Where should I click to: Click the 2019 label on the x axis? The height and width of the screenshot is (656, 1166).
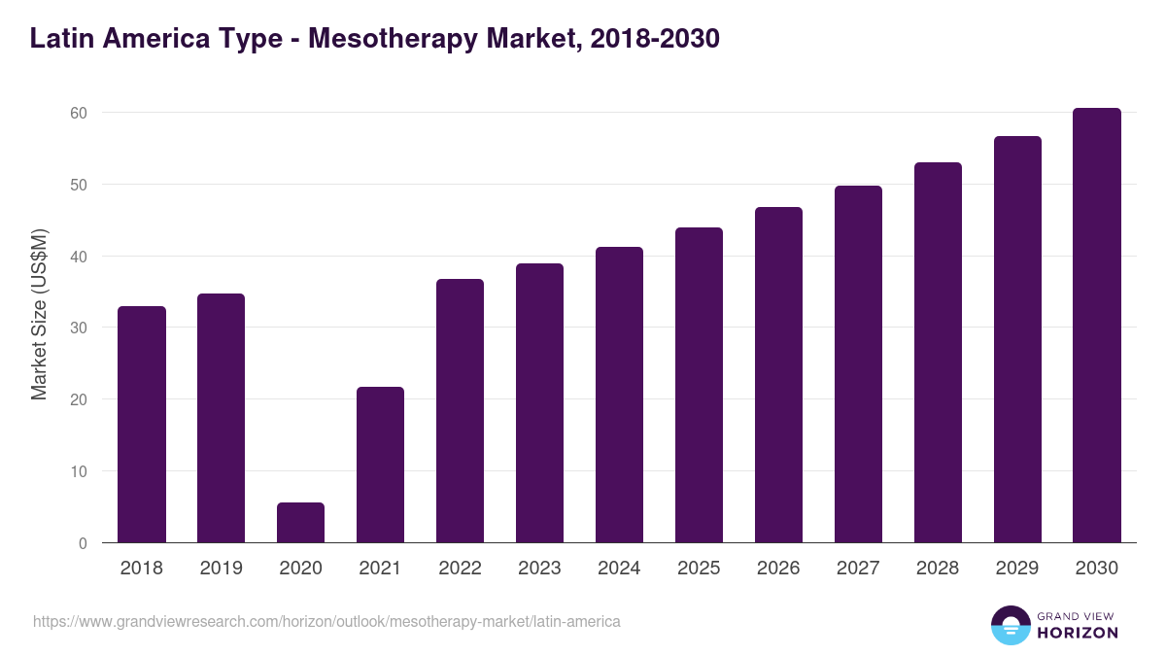(222, 569)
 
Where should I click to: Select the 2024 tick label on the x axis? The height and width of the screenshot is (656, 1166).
(619, 569)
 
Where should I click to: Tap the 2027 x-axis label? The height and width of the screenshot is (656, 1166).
(858, 569)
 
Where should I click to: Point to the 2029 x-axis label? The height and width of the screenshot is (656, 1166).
(1017, 569)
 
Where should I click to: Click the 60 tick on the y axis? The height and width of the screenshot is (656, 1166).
(79, 113)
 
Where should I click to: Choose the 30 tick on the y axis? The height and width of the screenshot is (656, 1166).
(79, 328)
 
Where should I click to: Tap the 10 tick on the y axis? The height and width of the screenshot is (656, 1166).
(79, 471)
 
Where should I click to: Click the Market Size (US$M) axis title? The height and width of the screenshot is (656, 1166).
(39, 314)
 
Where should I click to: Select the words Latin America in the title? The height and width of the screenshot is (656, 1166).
(107, 39)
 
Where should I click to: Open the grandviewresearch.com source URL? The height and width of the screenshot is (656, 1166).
(326, 621)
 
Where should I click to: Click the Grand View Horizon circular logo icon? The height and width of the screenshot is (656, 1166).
(1010, 625)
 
